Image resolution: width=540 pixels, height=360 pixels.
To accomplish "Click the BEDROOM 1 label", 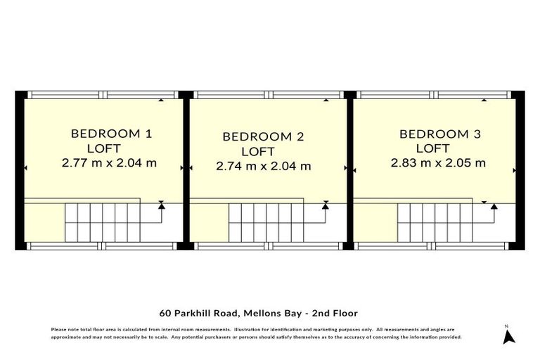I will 111,134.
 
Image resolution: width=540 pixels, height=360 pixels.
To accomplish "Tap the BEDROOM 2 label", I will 263,136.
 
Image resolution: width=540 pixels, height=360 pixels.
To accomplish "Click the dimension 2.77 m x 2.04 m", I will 109,163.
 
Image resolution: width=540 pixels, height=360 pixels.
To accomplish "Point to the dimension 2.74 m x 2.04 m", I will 263,167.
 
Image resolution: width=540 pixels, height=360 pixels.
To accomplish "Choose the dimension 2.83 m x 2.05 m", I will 439,163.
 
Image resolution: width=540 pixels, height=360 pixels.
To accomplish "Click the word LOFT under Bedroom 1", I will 104,148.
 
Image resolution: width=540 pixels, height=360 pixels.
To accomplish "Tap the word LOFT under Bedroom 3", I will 432,148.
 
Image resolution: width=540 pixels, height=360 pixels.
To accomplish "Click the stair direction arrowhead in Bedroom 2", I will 325,206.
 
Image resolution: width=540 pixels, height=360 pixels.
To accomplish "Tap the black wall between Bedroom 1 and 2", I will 186,169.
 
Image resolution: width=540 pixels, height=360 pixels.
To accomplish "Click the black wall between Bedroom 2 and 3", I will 349,169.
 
